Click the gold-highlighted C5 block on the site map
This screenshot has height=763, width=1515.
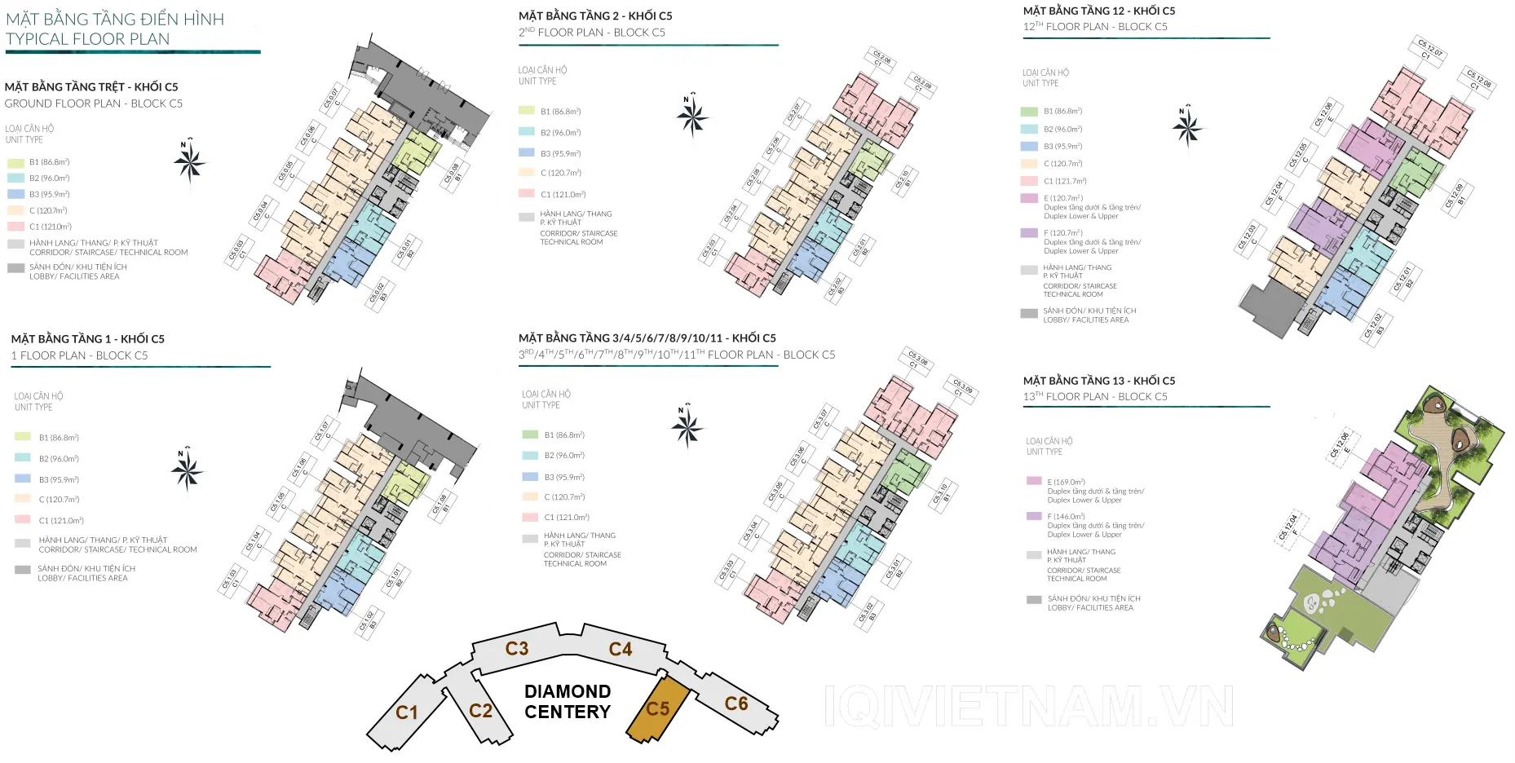658,709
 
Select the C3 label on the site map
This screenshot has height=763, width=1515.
517,649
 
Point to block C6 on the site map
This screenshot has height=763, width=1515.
736,703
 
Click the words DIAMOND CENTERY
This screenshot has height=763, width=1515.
568,702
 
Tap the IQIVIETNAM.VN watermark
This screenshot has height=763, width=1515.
1029,706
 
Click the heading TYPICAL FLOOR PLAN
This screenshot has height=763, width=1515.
88,39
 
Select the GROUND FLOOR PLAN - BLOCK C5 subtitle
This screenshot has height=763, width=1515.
94,104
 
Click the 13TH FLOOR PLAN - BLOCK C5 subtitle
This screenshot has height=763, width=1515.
1095,397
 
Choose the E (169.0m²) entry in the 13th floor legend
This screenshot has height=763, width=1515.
1066,482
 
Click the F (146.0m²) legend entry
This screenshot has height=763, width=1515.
1066,517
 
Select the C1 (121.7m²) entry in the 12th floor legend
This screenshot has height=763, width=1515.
1065,181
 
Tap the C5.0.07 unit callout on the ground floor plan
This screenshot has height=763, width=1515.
333,98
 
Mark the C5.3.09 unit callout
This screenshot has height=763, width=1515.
962,387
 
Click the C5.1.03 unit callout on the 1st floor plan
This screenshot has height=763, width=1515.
231,578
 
